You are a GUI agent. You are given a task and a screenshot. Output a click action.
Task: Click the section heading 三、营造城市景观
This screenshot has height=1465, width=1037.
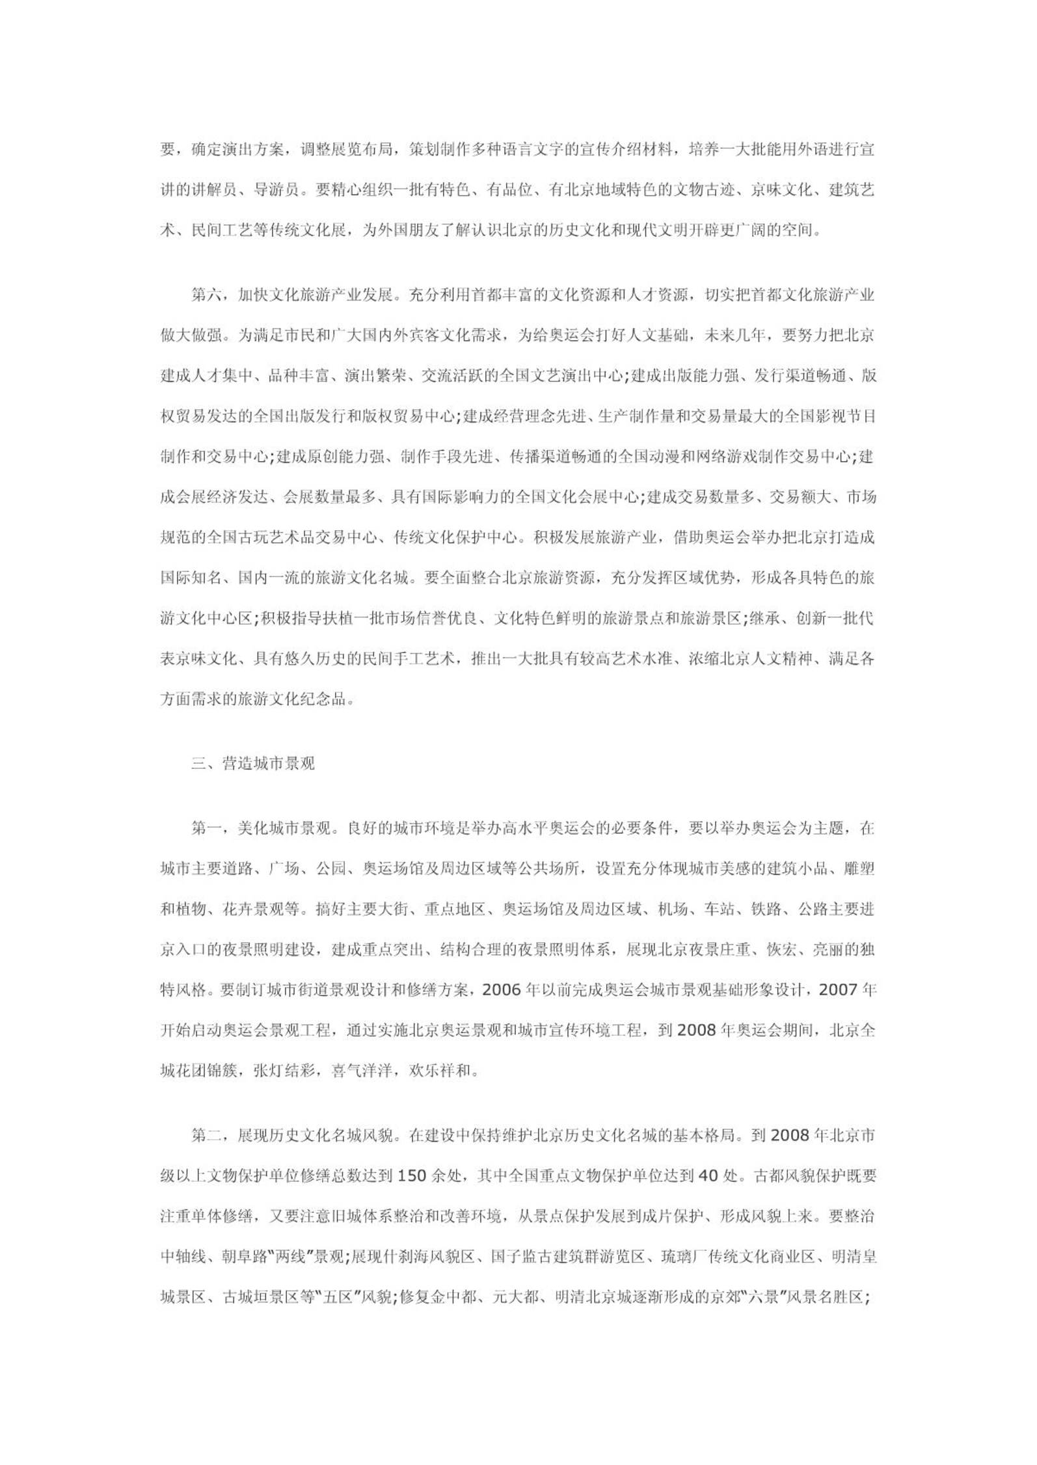[x=253, y=763]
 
